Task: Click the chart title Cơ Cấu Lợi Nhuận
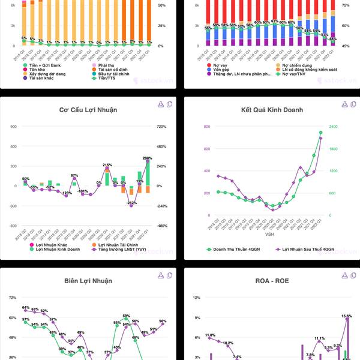click(x=88, y=110)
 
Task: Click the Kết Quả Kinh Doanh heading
click(x=272, y=110)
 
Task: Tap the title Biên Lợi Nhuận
click(x=88, y=280)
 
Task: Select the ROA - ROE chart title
click(x=272, y=280)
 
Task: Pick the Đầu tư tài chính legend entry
click(x=113, y=73)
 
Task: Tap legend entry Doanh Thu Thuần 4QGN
click(x=236, y=248)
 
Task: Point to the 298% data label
click(x=147, y=158)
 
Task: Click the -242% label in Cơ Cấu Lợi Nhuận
click(x=132, y=203)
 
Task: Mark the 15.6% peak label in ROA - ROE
click(x=347, y=316)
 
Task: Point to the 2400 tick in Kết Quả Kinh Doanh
click(x=332, y=127)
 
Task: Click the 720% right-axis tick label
click(x=161, y=127)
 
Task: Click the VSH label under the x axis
click(x=269, y=235)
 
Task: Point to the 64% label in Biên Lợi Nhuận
click(x=26, y=308)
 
